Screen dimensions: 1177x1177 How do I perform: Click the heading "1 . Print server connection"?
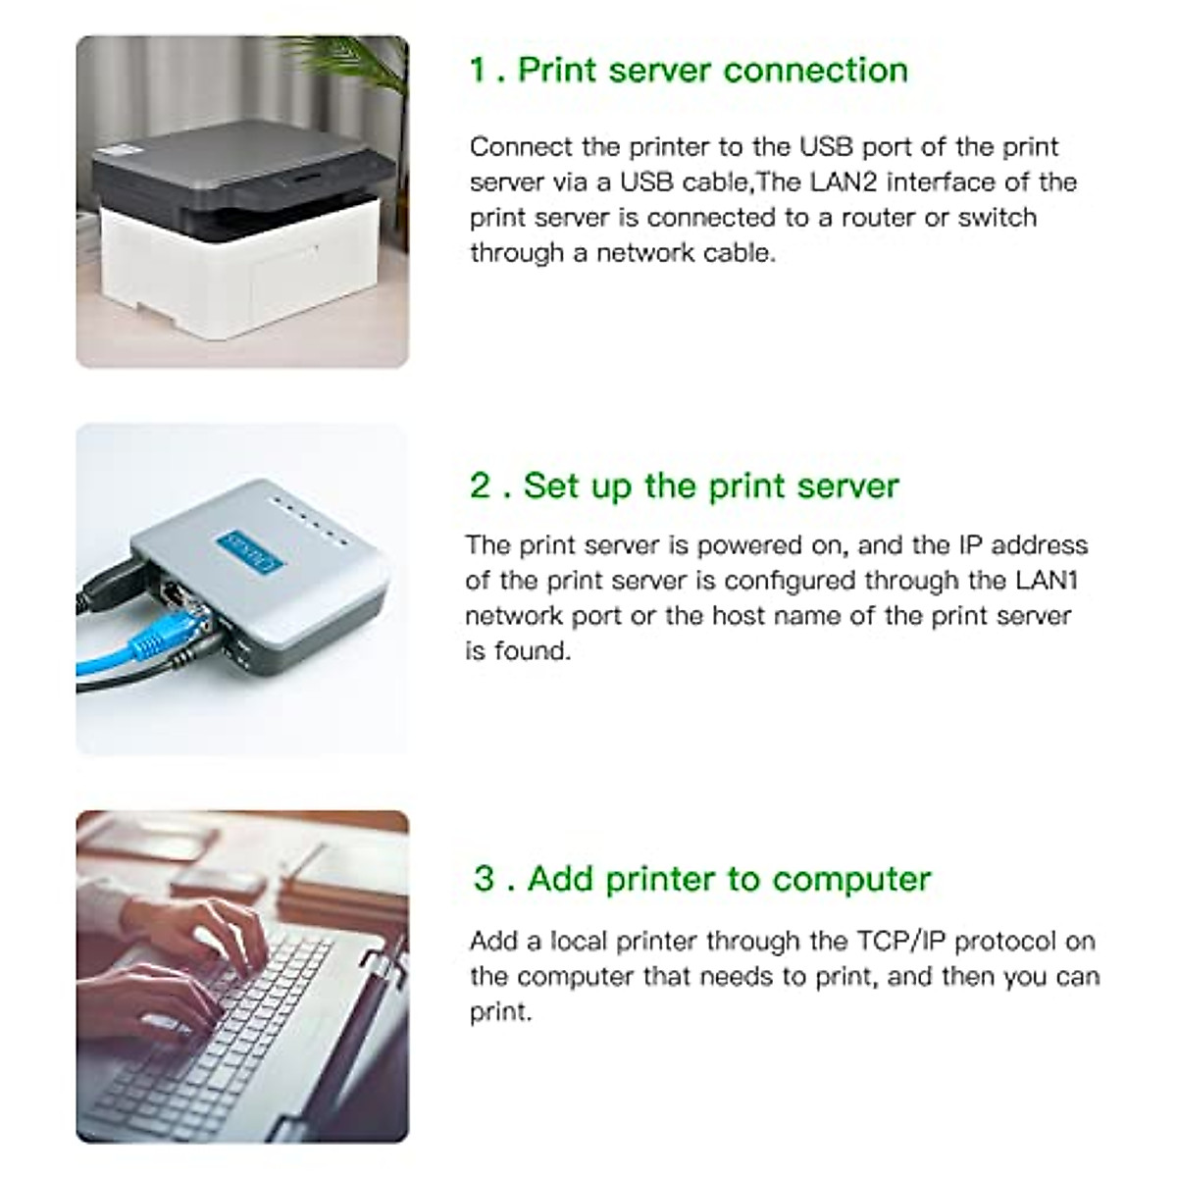[x=689, y=71]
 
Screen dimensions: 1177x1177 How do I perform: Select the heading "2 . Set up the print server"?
[x=684, y=486]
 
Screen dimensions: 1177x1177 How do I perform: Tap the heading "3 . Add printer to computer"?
[x=701, y=878]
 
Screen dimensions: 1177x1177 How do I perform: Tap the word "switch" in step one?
[x=997, y=218]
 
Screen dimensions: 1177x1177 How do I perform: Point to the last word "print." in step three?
[x=500, y=1012]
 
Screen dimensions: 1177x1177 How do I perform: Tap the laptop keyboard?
[x=226, y=1030]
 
